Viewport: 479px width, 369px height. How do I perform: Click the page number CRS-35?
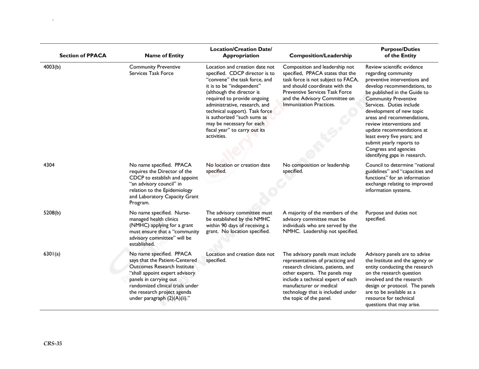[52, 344]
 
